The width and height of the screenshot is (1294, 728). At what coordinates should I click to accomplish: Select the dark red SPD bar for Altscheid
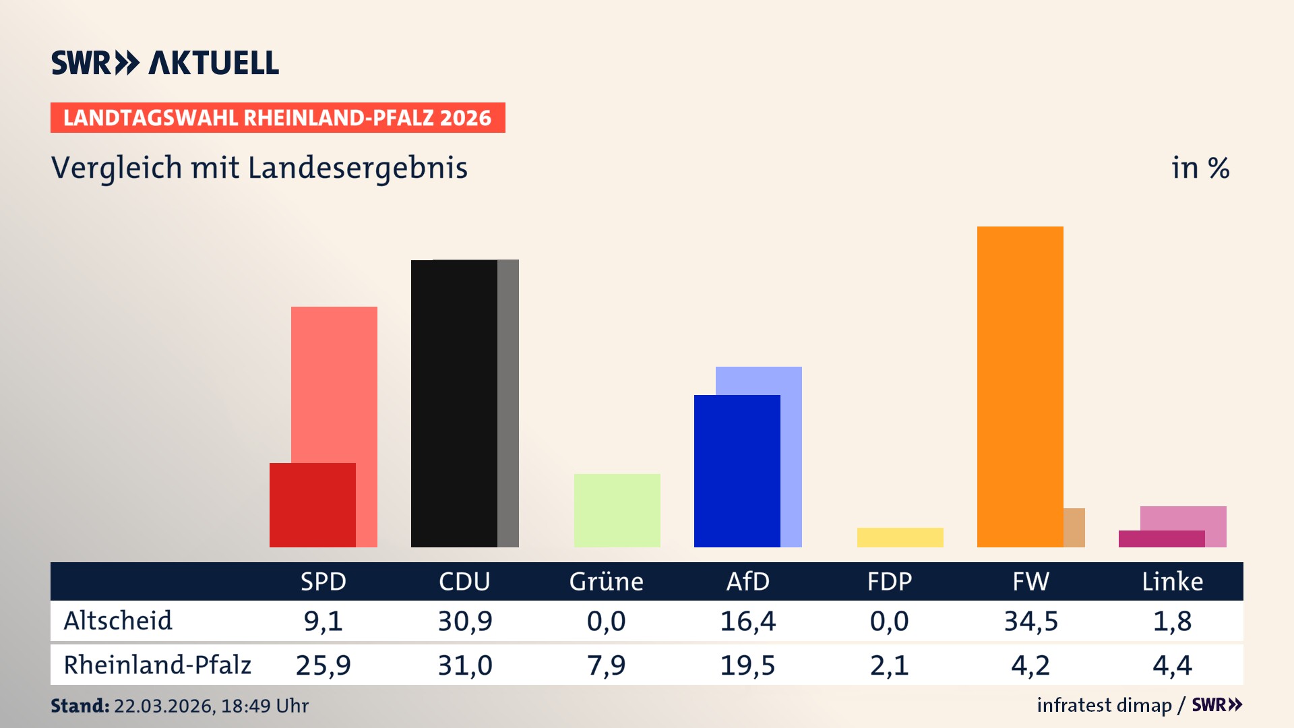[312, 505]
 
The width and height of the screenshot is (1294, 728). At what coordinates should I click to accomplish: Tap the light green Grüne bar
[617, 510]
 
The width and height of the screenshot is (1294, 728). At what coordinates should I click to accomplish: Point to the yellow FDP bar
[900, 537]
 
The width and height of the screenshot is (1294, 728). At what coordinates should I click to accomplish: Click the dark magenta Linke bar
[1161, 539]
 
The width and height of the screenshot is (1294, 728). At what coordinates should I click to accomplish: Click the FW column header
[1030, 581]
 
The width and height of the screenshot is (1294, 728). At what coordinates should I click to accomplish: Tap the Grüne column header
[606, 581]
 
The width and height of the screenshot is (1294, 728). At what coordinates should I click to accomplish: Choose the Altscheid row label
[118, 621]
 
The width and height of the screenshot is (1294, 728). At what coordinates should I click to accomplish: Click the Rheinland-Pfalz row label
[157, 665]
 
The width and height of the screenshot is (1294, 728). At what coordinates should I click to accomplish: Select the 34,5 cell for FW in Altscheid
[1030, 621]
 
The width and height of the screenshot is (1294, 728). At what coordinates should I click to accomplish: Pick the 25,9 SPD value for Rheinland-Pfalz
[323, 665]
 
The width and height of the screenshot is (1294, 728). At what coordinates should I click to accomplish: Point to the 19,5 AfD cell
[747, 665]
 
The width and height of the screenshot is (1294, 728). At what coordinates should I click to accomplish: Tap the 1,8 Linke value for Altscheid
[1172, 621]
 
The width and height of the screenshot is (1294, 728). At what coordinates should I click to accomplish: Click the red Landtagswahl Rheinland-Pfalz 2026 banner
[278, 118]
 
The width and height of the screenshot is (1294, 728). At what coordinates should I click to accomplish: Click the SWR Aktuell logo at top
[165, 63]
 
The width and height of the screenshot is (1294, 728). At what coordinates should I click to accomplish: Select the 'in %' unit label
[1200, 168]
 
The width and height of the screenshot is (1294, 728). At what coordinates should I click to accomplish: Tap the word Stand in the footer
[80, 706]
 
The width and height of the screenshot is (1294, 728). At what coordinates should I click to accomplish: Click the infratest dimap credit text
[1104, 705]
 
